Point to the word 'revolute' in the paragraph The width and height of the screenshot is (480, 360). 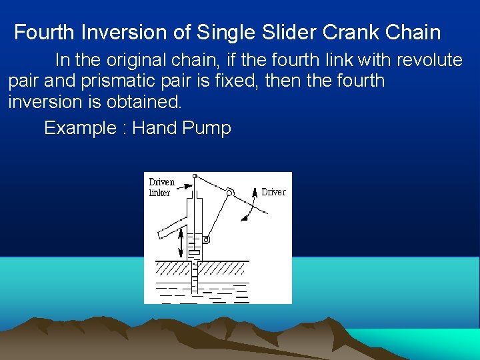pyautogui.click(x=429, y=60)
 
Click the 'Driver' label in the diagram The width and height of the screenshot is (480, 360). pyautogui.click(x=273, y=192)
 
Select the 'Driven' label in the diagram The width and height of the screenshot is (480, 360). pyautogui.click(x=162, y=182)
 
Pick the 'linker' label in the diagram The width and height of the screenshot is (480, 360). pyautogui.click(x=160, y=193)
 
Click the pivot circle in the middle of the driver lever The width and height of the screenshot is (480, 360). pyautogui.click(x=230, y=192)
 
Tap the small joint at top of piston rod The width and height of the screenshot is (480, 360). pyautogui.click(x=195, y=176)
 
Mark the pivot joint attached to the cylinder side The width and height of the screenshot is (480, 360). pyautogui.click(x=207, y=239)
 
